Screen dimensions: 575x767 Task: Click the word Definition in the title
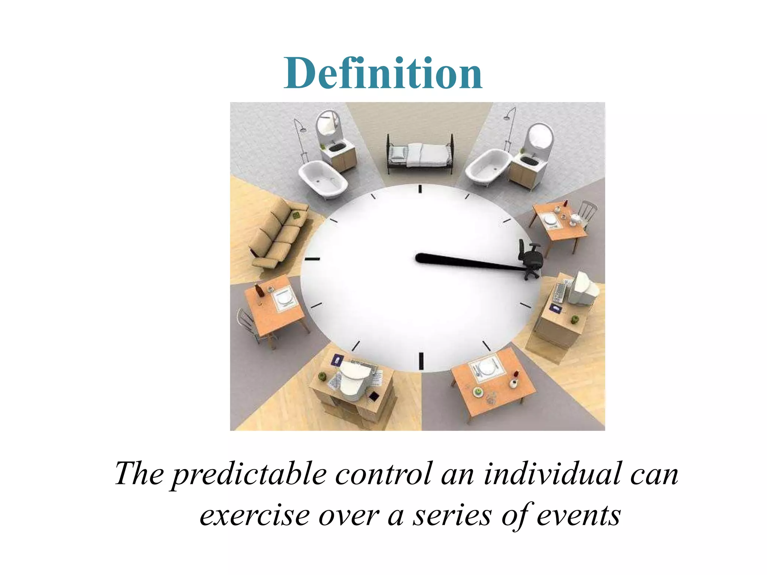(x=383, y=73)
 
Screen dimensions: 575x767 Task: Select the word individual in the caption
(x=553, y=474)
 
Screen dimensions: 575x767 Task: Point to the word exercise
(x=255, y=516)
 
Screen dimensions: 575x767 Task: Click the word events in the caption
(x=579, y=516)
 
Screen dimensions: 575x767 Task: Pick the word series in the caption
(x=452, y=516)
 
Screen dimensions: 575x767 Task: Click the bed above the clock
(x=420, y=154)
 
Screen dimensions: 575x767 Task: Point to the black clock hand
(x=468, y=262)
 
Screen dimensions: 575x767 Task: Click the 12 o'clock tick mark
(x=420, y=189)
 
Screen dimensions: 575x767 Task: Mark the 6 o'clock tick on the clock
(x=421, y=361)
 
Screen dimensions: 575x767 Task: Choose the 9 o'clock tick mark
(x=312, y=259)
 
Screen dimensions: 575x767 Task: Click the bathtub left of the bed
(x=323, y=178)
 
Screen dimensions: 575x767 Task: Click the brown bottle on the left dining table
(x=258, y=290)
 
